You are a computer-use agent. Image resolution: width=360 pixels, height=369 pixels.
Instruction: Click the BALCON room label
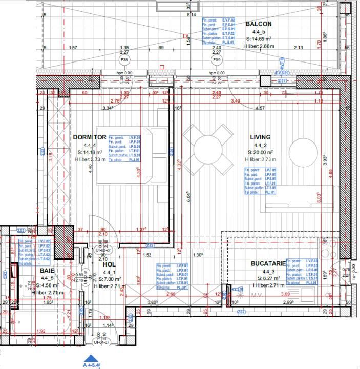pyautogui.click(x=258, y=24)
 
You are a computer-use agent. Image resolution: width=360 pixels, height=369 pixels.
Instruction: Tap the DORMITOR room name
pyautogui.click(x=90, y=137)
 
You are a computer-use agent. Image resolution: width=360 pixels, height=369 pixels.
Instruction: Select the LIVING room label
pyautogui.click(x=260, y=137)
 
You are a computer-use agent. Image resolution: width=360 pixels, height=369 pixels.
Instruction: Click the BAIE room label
pyautogui.click(x=47, y=271)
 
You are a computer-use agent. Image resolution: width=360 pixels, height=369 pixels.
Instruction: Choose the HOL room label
pyautogui.click(x=109, y=265)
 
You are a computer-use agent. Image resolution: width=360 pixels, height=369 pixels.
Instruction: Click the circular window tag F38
pyautogui.click(x=124, y=60)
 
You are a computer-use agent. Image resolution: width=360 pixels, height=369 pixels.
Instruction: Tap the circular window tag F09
pyautogui.click(x=217, y=60)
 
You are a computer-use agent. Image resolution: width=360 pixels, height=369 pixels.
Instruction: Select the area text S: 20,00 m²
pyautogui.click(x=260, y=152)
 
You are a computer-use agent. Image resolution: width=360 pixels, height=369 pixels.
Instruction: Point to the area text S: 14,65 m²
pyautogui.click(x=258, y=39)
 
